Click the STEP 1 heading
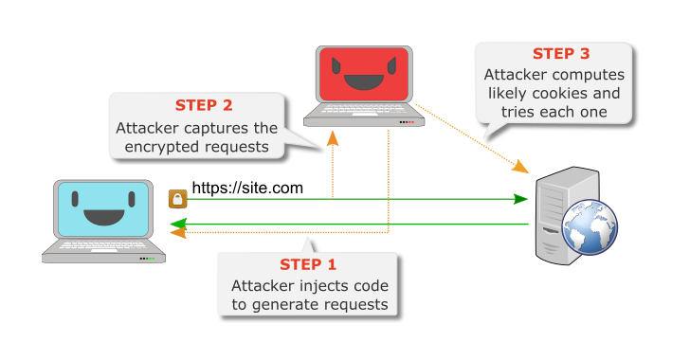pos(308,264)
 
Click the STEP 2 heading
pos(204,105)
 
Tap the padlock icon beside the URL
pos(177,198)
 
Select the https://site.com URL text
pos(247,189)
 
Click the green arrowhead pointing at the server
pos(520,199)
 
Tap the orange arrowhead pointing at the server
pos(520,168)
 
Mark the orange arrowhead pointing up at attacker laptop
pos(333,138)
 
